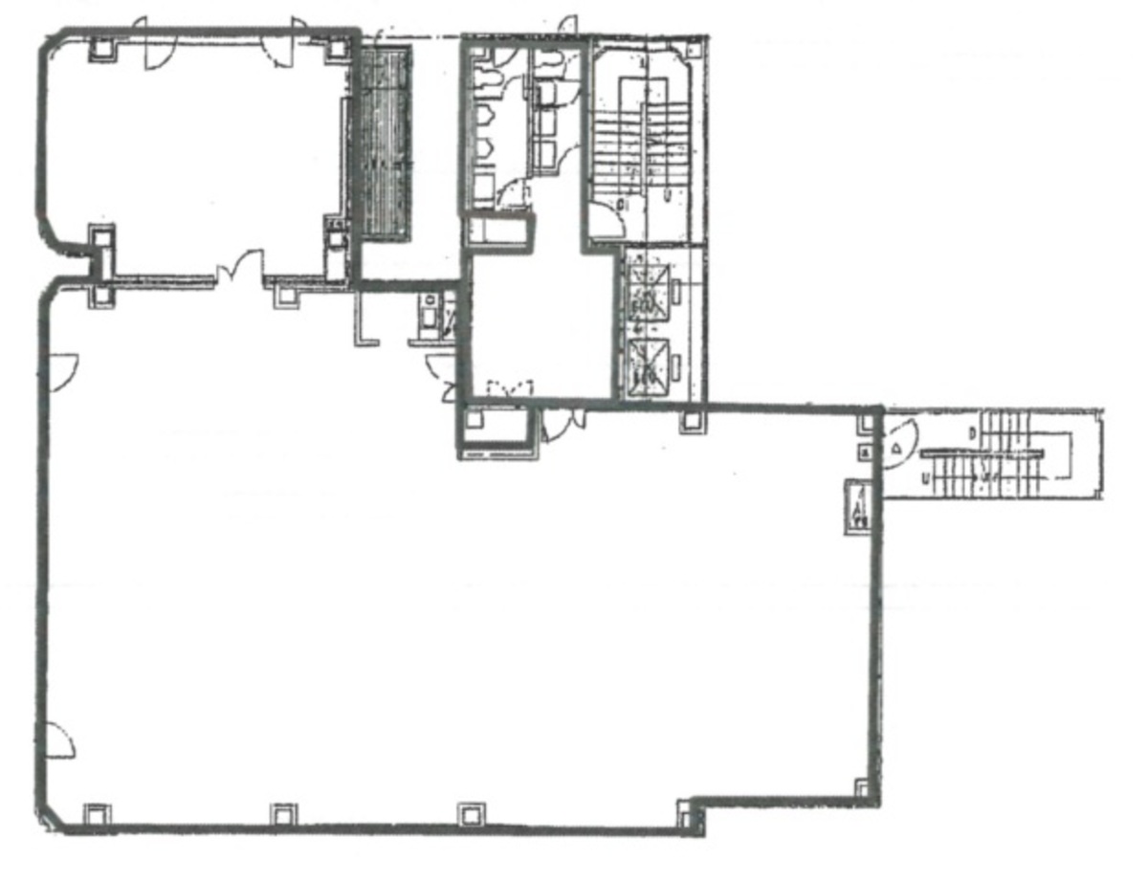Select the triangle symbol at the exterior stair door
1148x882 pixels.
(897, 447)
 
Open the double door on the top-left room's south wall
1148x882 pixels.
(239, 269)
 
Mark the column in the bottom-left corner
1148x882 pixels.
(97, 814)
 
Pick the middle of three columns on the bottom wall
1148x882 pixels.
(283, 814)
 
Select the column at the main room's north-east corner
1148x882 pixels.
(868, 420)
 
